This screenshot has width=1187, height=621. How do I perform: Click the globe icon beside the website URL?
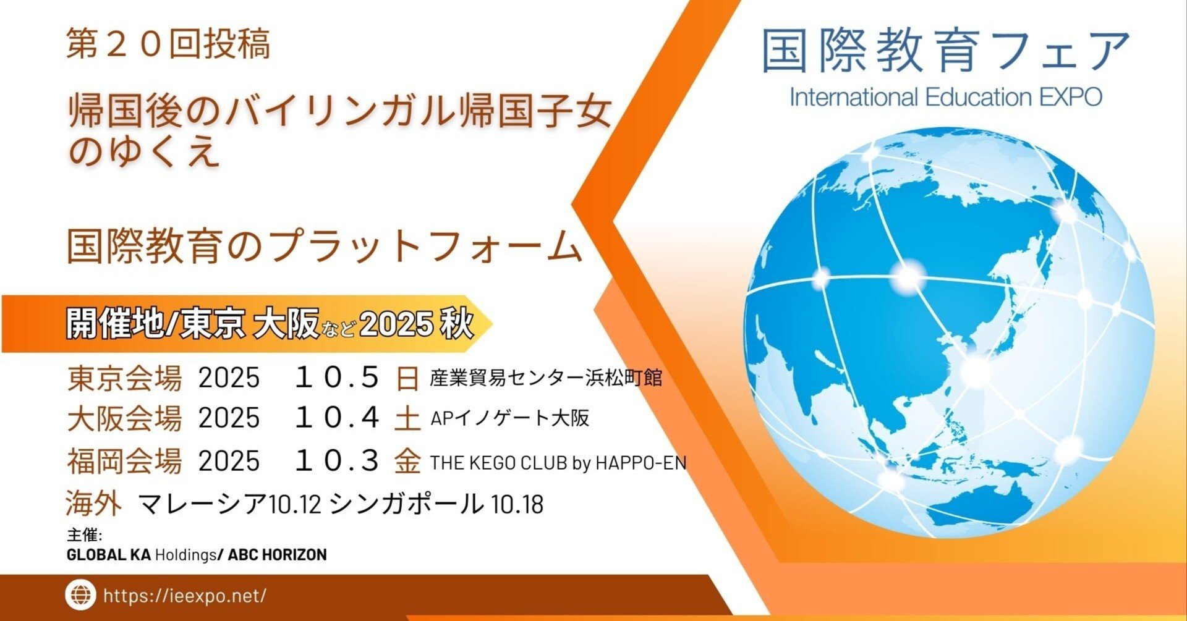click(x=80, y=595)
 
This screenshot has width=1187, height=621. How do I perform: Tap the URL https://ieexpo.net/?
click(x=185, y=596)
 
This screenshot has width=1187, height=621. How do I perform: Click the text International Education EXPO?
click(x=945, y=98)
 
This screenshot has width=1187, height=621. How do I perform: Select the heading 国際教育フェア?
click(x=945, y=51)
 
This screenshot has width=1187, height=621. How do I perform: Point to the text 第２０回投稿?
click(x=168, y=44)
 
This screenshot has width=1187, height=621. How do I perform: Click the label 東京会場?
click(x=124, y=378)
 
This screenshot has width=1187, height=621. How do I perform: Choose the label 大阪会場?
click(x=124, y=418)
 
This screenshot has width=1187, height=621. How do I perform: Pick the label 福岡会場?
click(x=124, y=461)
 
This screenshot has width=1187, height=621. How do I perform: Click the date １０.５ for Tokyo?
click(x=337, y=378)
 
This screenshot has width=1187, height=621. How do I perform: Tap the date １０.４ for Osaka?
click(x=337, y=418)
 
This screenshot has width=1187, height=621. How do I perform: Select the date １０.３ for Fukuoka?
click(x=337, y=461)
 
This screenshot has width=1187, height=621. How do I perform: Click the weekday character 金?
click(x=407, y=462)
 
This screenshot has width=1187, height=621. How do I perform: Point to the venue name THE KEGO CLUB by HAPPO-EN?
click(x=558, y=463)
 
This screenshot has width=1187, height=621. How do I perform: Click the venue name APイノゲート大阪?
click(x=509, y=419)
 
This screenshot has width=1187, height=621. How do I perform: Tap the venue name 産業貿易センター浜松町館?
click(x=546, y=378)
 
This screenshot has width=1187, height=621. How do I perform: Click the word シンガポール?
click(x=406, y=504)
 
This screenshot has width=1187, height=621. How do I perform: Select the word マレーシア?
click(x=202, y=504)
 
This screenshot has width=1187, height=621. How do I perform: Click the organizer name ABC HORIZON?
click(x=277, y=555)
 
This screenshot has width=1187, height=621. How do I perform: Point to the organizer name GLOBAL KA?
click(x=108, y=555)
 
